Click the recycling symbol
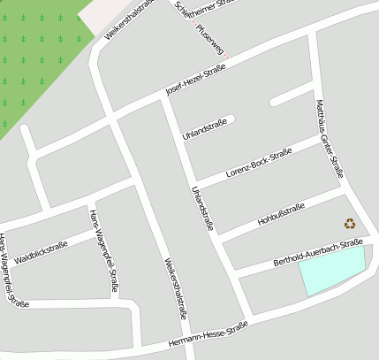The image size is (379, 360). pyautogui.click(x=350, y=224)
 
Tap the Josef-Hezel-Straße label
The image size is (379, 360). pyautogui.click(x=196, y=81)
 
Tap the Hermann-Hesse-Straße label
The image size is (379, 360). pyautogui.click(x=208, y=336)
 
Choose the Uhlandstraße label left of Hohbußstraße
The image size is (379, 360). pyautogui.click(x=202, y=209)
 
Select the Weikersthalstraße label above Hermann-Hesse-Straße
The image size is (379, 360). pyautogui.click(x=176, y=287)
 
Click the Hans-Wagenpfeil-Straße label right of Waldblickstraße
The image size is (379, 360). pyautogui.click(x=103, y=250)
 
